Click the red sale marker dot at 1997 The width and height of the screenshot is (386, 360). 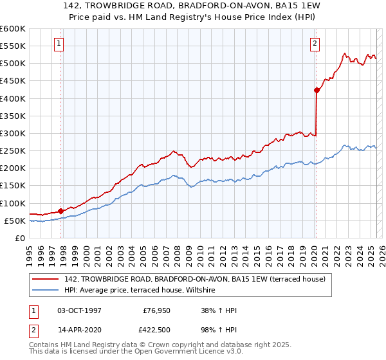[x=60, y=210]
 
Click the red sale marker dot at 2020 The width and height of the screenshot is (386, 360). [x=317, y=91]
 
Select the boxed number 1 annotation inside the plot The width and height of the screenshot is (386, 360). [x=59, y=44]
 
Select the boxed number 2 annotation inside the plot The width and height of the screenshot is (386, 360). [x=315, y=44]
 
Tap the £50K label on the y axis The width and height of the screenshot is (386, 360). [x=15, y=221]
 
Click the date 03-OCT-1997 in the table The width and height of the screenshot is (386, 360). [x=80, y=310]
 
